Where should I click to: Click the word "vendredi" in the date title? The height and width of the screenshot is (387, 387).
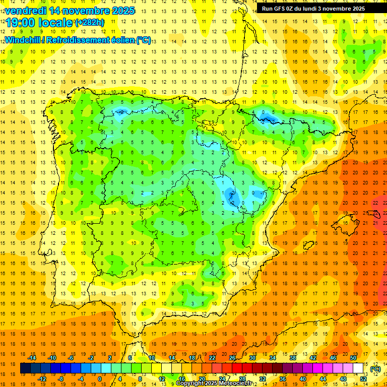[25, 11]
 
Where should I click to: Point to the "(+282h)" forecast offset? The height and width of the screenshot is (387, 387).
[89, 23]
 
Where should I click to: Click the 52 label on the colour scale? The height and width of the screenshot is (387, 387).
[363, 378]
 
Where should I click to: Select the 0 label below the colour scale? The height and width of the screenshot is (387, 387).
[99, 378]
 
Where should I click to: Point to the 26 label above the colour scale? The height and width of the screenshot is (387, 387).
[232, 358]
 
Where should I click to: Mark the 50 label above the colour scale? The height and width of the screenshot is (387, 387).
[353, 358]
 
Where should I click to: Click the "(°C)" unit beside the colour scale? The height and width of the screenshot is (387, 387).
[375, 368]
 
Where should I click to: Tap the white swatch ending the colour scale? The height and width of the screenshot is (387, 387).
[358, 368]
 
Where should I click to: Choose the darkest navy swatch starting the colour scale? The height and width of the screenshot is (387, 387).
[25, 368]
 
